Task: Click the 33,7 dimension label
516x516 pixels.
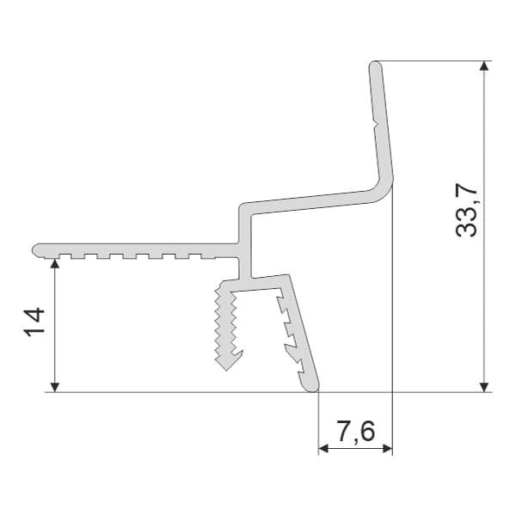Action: (466, 211)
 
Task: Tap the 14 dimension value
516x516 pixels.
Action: (34, 322)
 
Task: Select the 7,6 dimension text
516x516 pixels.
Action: (356, 432)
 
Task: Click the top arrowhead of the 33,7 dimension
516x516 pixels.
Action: (483, 66)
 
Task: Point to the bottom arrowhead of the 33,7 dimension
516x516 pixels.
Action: (483, 387)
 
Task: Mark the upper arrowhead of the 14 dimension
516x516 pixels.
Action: (55, 264)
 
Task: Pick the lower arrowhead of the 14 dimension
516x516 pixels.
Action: (55, 387)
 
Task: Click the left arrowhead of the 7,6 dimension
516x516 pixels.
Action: (323, 448)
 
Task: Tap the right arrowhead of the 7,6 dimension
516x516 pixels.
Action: (387, 448)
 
